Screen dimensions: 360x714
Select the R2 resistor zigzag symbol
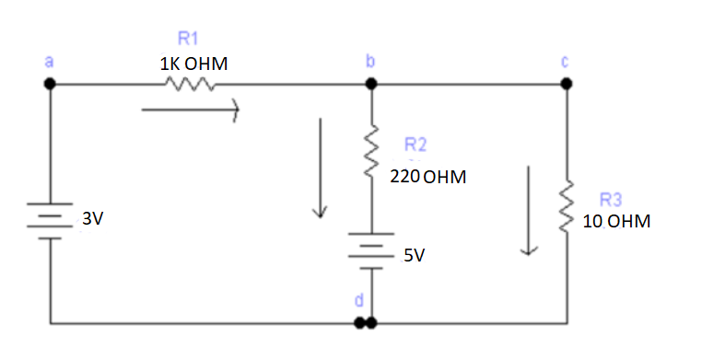point(372,143)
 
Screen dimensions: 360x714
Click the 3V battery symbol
point(51,220)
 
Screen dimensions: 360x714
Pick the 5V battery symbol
point(371,250)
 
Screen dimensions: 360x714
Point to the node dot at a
point(51,84)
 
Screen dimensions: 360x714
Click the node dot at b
point(371,84)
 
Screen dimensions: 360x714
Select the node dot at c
point(567,84)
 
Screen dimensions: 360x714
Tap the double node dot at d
point(366,324)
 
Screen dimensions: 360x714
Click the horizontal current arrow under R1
point(190,110)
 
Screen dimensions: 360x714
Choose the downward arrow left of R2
point(320,168)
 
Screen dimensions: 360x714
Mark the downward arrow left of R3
point(529,211)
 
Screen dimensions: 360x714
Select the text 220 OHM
point(427,176)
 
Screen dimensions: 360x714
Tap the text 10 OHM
point(616,222)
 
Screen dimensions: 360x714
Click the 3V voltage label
point(93,219)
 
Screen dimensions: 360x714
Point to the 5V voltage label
point(415,255)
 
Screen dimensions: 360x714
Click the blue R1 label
point(188,39)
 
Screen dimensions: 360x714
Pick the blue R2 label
point(416,145)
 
